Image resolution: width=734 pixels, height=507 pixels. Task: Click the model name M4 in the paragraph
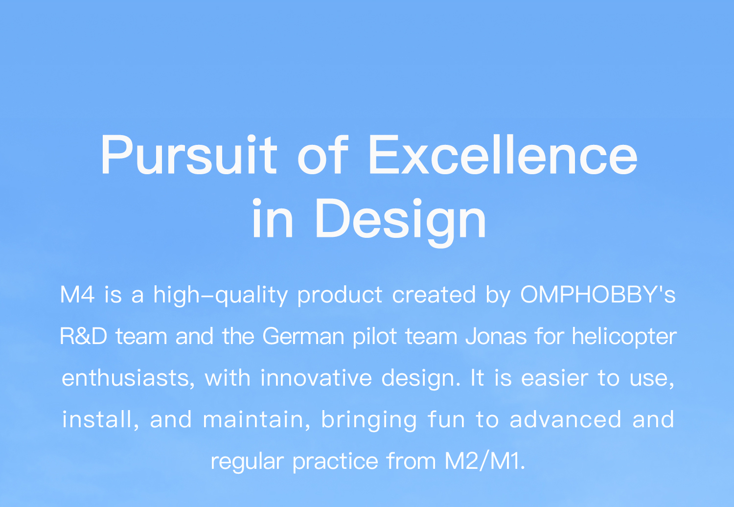78,294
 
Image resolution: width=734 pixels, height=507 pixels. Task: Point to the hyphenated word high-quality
221,295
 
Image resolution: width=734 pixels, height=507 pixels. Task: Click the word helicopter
624,337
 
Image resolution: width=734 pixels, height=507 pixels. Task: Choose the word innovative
316,377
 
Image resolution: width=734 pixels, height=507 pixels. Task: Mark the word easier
555,377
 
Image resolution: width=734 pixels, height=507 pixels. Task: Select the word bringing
369,420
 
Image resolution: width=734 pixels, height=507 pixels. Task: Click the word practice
335,461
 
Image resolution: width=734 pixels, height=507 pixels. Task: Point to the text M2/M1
485,461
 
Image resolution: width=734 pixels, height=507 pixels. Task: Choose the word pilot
375,337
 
